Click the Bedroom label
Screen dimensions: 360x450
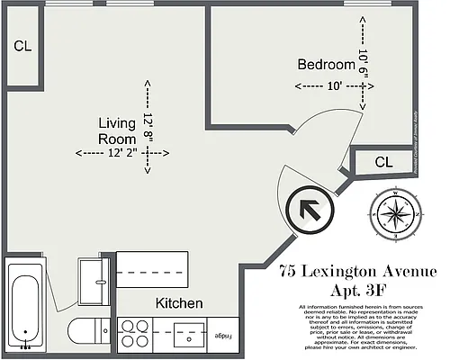327,65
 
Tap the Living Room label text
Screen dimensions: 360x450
117,131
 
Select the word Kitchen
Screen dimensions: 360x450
179,303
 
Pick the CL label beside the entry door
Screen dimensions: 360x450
383,163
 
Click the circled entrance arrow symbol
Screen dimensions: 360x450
307,211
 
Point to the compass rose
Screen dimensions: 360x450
395,214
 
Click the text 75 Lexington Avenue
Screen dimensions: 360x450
357,272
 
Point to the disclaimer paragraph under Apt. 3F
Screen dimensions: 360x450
357,328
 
